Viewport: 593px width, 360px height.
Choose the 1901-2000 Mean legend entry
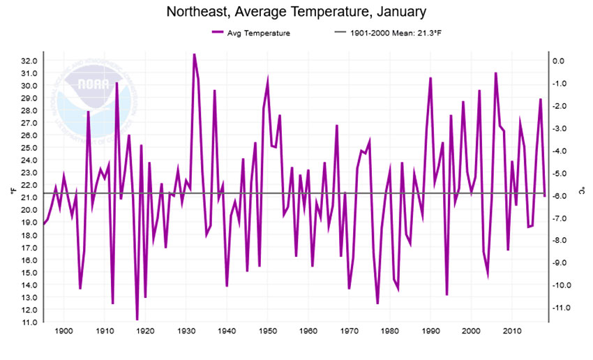pos(386,32)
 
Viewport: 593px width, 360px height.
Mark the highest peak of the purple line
pos(194,54)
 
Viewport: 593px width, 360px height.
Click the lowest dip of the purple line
pos(137,320)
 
